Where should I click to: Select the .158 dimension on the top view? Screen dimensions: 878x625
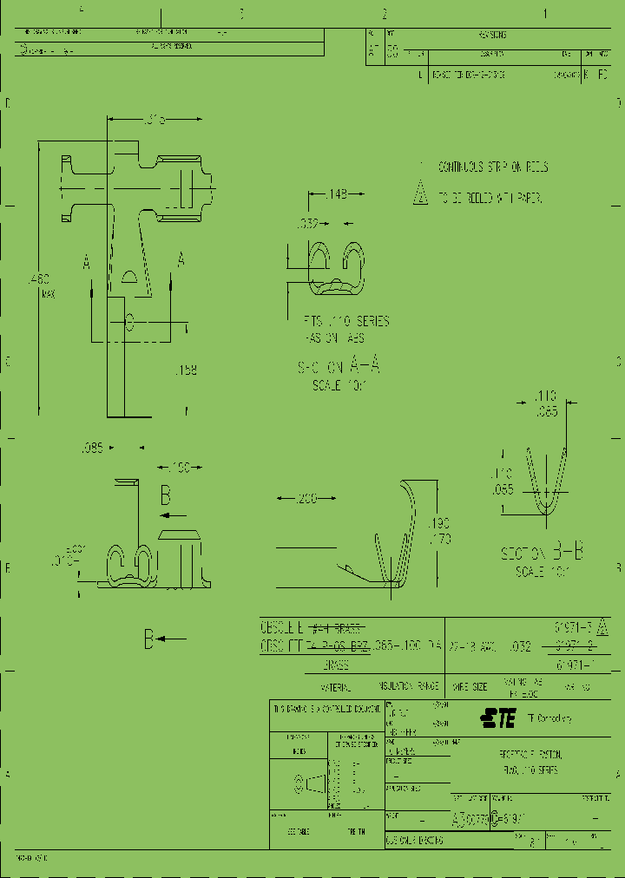click(185, 370)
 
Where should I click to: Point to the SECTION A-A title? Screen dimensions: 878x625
click(339, 367)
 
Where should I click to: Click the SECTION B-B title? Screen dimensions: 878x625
click(542, 553)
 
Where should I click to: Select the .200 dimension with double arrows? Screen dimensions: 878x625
click(306, 498)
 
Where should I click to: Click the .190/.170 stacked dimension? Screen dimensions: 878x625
click(440, 531)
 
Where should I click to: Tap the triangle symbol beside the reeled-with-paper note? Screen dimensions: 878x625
click(421, 194)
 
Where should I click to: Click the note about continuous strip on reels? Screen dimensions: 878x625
click(492, 167)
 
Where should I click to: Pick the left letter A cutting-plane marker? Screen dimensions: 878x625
click(87, 260)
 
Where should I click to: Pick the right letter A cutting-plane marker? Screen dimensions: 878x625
click(181, 259)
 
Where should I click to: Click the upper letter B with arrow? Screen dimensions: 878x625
click(165, 496)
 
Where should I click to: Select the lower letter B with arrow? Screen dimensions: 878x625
click(149, 640)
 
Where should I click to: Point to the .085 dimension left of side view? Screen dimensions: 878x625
click(92, 449)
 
